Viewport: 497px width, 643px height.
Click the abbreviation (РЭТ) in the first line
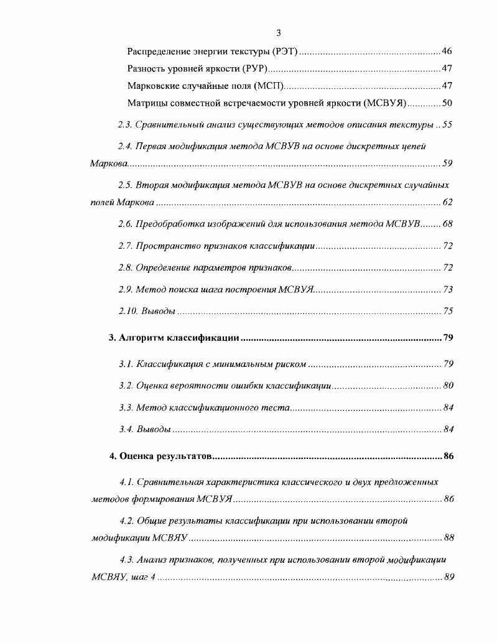click(287, 51)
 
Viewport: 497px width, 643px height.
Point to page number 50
click(447, 103)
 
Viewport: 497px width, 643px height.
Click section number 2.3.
click(125, 125)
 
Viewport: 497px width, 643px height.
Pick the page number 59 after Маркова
click(448, 164)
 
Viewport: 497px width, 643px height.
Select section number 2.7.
click(125, 246)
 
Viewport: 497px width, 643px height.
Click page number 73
click(448, 290)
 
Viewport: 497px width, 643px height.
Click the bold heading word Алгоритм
click(143, 338)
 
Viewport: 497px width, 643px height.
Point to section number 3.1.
click(125, 364)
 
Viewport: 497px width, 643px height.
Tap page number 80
click(448, 386)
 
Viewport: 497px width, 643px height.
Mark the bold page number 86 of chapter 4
click(449, 456)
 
